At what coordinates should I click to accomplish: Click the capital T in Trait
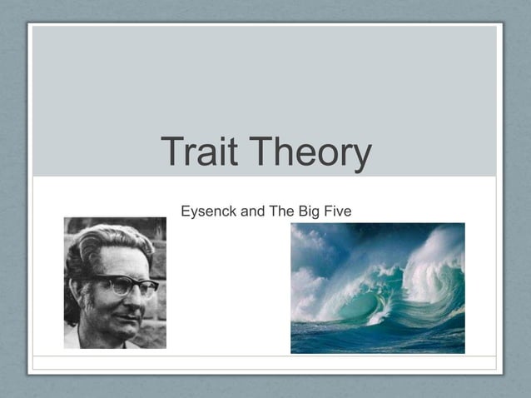pyautogui.click(x=172, y=152)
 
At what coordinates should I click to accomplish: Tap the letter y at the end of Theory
pyautogui.click(x=360, y=157)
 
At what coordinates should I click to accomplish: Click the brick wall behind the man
pyautogui.click(x=158, y=250)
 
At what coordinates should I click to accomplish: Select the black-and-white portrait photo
pyautogui.click(x=115, y=283)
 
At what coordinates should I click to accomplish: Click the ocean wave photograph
pyautogui.click(x=377, y=287)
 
